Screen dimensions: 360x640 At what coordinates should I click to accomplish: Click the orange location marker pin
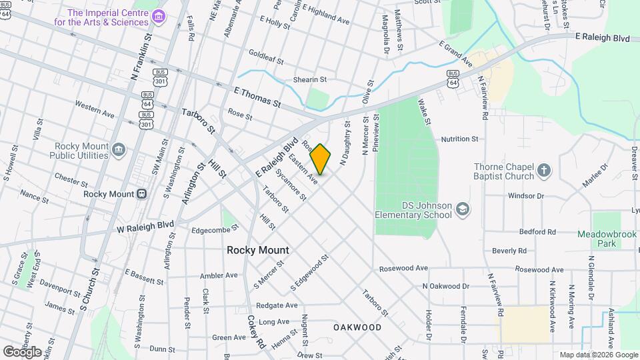click(320, 159)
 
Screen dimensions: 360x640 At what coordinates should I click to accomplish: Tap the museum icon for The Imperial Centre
click(158, 17)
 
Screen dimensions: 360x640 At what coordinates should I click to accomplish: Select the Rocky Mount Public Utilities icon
click(119, 150)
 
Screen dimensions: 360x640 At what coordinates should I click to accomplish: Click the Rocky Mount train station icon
click(141, 194)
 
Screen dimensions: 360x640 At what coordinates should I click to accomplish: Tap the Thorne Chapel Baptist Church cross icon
click(544, 171)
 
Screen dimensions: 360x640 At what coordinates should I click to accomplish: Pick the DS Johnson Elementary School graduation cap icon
click(462, 211)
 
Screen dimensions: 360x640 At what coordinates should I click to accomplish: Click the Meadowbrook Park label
click(606, 239)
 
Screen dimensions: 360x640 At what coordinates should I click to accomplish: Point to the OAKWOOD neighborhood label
click(357, 327)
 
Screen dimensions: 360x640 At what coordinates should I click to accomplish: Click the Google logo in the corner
click(22, 351)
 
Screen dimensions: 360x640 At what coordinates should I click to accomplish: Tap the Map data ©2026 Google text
click(598, 355)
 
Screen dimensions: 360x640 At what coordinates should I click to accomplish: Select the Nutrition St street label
click(459, 139)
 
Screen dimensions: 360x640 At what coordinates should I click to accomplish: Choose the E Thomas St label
click(257, 97)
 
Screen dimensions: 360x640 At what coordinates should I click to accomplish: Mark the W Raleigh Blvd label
click(145, 226)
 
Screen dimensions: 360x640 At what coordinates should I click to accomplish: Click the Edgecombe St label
click(215, 229)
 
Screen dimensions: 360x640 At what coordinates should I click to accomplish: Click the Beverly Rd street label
click(509, 251)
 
